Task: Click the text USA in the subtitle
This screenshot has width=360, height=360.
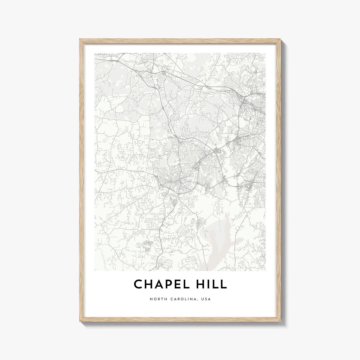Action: [207, 299]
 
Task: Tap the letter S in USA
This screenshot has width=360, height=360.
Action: [206, 299]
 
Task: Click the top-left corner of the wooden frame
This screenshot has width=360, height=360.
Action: [80, 40]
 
